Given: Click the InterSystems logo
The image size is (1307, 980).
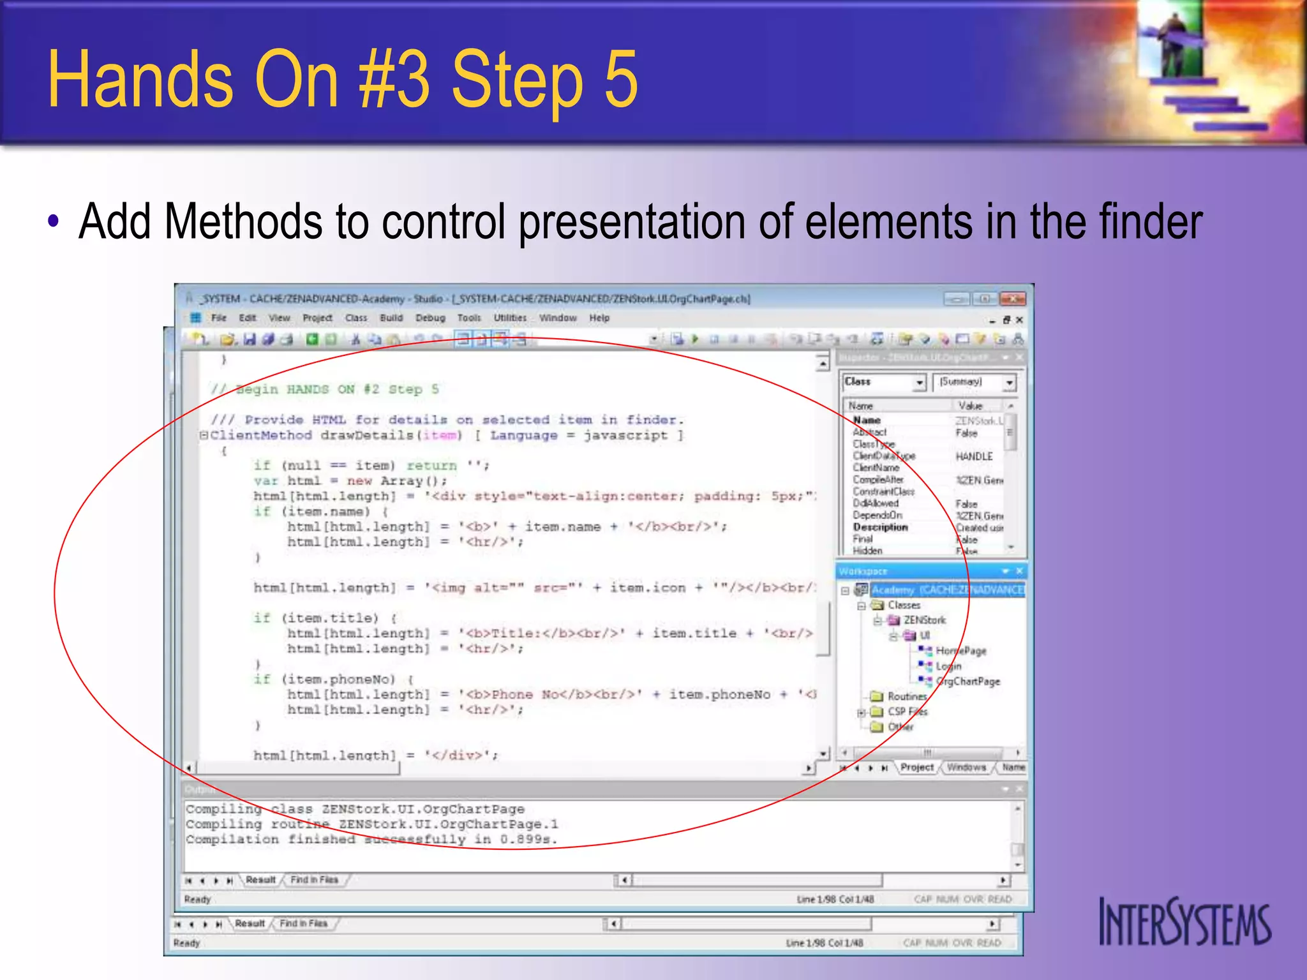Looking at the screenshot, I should [1184, 923].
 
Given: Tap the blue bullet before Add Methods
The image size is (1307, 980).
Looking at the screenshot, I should [54, 221].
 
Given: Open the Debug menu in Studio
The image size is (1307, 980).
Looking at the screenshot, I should [430, 318].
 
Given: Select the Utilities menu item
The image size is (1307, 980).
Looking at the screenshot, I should [510, 318].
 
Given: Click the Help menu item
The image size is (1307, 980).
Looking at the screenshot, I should [599, 318].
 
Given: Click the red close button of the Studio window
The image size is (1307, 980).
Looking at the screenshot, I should [1012, 299].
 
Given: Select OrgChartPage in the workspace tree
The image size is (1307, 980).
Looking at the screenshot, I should [967, 681].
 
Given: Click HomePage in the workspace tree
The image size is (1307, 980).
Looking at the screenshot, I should [960, 651].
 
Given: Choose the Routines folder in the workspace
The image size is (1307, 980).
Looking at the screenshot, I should [906, 696].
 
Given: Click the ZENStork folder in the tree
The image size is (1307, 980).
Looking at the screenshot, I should [924, 620].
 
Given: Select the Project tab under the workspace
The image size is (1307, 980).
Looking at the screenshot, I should [916, 768].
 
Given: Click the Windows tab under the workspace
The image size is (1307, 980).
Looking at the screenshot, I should [966, 768].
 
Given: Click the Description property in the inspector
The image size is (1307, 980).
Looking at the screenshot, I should [880, 527].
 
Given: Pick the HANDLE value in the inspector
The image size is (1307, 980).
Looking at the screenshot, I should [974, 457].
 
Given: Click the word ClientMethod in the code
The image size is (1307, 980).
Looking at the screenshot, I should [260, 436].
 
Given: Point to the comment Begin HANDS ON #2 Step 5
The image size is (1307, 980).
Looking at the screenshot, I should [325, 389].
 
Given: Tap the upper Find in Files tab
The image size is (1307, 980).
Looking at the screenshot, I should [314, 880].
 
